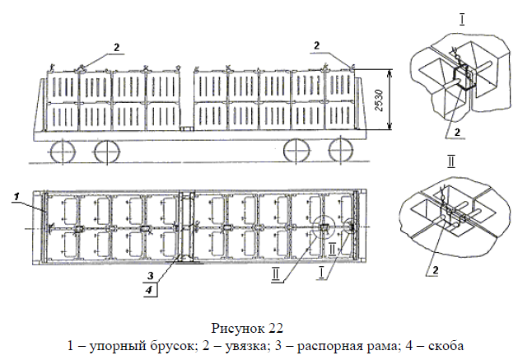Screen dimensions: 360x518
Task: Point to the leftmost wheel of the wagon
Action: (59, 152)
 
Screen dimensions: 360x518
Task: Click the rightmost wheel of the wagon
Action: (339, 152)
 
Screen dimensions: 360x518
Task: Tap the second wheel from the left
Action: (105, 152)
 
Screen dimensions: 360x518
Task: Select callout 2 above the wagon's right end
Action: (318, 44)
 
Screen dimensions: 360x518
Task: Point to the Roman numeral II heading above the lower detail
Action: (451, 161)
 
